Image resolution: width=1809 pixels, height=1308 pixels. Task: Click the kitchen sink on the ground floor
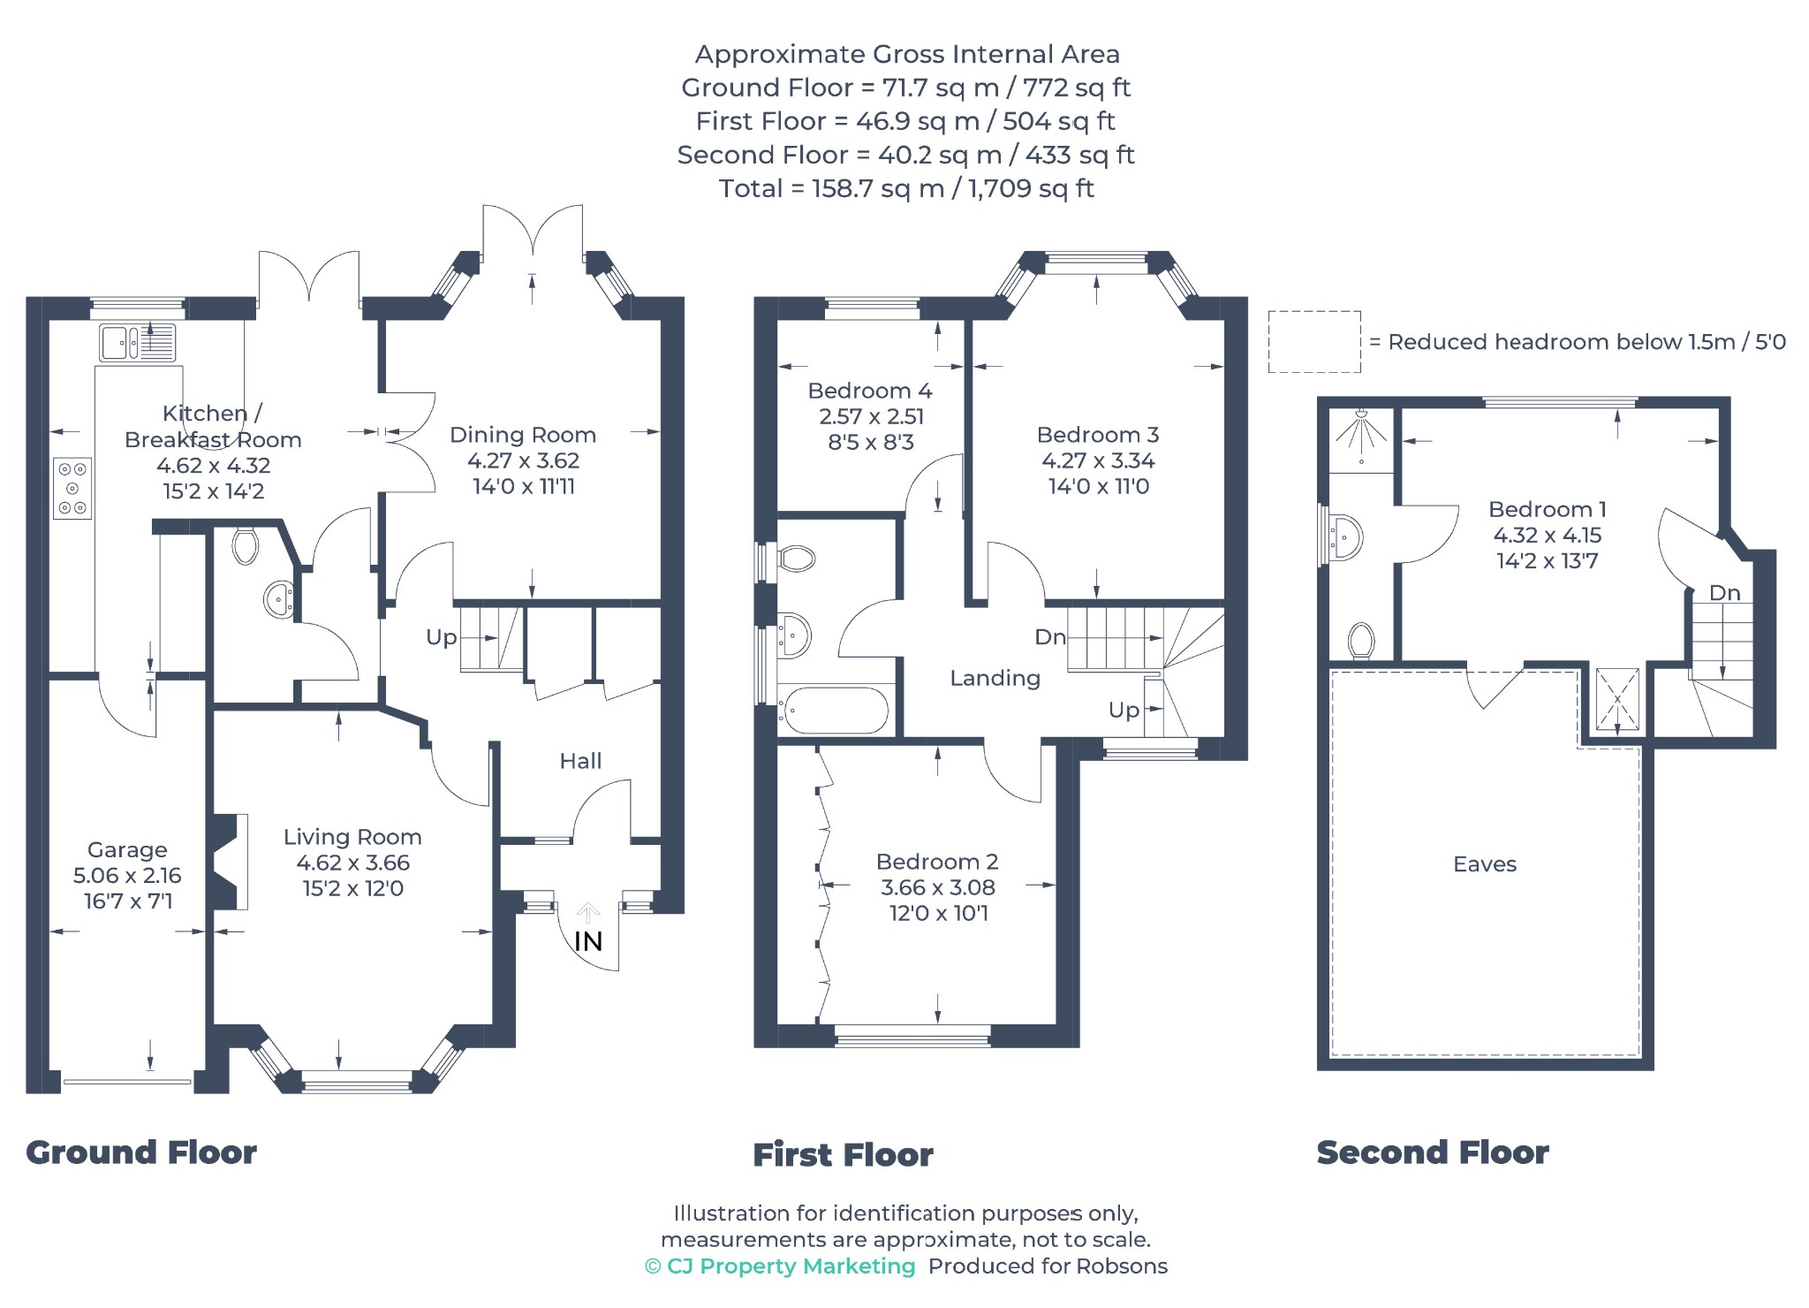138,343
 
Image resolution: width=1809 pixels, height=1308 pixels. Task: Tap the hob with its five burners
72,488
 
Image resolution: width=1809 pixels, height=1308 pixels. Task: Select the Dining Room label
523,435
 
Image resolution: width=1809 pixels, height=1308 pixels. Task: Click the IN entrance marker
588,941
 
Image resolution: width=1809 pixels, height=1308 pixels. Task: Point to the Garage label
127,850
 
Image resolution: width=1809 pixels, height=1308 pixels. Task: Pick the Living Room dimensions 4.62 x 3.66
353,863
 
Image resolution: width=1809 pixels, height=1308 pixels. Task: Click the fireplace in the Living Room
227,862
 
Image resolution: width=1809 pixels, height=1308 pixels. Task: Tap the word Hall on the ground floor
580,761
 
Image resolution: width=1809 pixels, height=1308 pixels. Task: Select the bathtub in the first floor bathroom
836,711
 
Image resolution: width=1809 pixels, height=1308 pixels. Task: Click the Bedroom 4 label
870,391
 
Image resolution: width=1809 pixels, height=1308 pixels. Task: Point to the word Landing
995,678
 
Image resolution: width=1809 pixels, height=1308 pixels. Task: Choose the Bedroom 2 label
937,862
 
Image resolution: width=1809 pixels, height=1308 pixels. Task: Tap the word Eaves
1485,864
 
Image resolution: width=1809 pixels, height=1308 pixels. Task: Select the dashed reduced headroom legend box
1314,341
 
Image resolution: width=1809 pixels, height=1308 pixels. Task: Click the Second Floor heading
1433,1152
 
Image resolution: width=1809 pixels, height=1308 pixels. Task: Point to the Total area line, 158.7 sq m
906,188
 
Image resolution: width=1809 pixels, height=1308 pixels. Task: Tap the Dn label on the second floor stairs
1724,593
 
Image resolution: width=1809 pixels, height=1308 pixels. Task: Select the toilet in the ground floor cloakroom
245,545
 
